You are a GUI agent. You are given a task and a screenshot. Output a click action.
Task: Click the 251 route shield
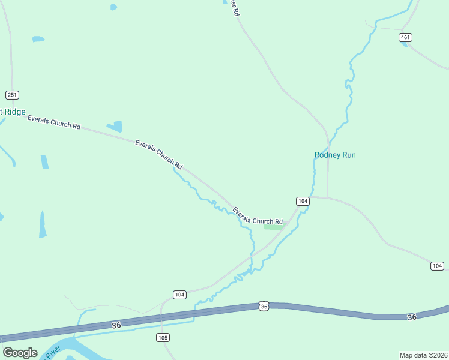pos(13,95)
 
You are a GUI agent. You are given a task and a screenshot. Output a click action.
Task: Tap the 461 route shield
pos(405,37)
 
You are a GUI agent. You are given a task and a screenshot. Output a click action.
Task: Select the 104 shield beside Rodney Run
pos(303,201)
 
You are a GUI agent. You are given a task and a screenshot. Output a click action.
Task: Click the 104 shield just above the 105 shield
pos(179,294)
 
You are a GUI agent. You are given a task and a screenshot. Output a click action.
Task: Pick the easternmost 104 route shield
pos(437,266)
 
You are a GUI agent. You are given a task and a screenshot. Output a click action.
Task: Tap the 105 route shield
pos(163,337)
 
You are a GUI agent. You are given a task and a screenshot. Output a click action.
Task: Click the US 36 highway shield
pos(264,306)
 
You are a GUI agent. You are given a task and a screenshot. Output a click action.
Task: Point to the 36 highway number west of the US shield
pos(116,325)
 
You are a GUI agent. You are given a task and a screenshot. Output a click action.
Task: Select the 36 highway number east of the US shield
pos(411,317)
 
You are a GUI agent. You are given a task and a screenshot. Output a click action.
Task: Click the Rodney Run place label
pos(335,155)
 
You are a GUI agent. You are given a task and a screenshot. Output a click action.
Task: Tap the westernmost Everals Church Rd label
pos(54,122)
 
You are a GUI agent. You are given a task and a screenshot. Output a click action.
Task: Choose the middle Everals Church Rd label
pos(158,154)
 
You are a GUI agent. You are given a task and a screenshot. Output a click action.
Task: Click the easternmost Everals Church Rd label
pos(257,217)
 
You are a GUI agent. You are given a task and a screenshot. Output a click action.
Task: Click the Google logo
pos(20,353)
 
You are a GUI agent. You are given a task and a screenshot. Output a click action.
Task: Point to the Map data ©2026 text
pos(423,355)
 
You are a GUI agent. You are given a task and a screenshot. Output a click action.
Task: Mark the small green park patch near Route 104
pos(274,227)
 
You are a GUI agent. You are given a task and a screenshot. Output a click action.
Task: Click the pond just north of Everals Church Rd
pos(115,126)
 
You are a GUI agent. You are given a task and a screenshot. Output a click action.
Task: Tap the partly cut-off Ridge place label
pos(13,112)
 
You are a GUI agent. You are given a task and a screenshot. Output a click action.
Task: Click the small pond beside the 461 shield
pos(403,44)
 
